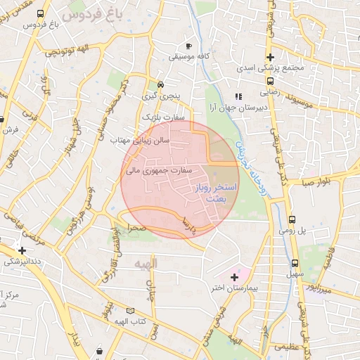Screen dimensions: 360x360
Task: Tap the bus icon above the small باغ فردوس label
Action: click(41, 13)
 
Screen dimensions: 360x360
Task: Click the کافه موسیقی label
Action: click(187, 54)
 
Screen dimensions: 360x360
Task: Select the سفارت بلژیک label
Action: click(162, 117)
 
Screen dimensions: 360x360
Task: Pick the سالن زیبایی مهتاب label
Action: click(141, 141)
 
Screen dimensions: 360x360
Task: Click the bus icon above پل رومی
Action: click(292, 219)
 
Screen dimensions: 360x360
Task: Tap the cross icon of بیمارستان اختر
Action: click(234, 278)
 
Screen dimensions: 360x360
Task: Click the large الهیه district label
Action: click(145, 262)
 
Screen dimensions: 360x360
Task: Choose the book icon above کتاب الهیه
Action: click(129, 310)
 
